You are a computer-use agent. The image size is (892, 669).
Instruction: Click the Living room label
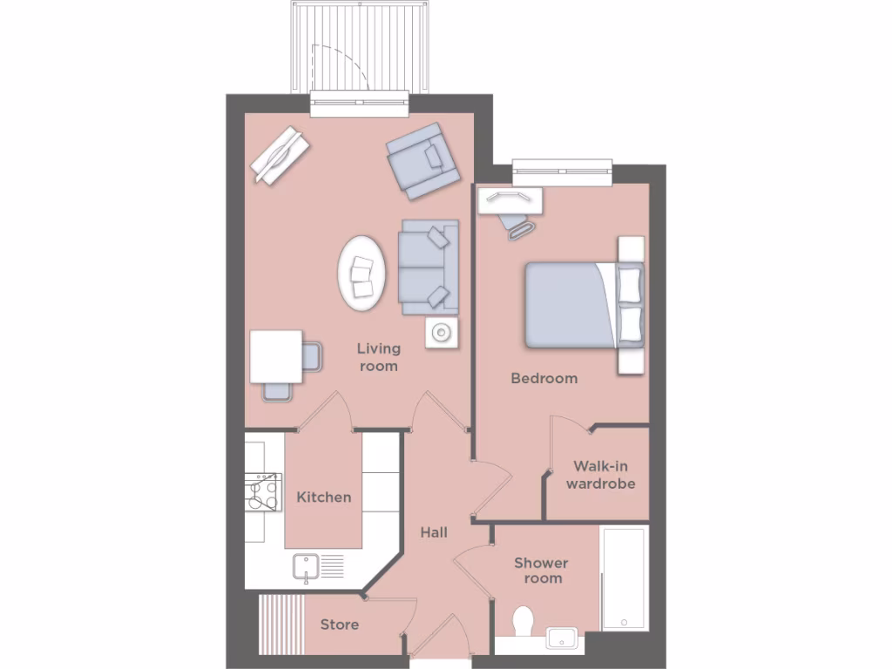(378, 357)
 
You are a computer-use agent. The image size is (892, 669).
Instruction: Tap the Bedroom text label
(544, 378)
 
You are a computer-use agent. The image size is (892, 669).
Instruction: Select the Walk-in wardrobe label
(600, 476)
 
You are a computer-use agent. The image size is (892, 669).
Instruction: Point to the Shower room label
(540, 571)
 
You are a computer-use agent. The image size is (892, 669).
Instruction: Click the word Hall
(434, 531)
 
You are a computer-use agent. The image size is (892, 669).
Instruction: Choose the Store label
(339, 625)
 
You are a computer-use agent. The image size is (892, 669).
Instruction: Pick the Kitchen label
(324, 497)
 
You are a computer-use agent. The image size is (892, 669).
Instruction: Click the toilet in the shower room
(523, 624)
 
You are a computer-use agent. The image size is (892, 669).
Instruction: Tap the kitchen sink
(307, 568)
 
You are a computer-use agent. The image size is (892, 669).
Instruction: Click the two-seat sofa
(429, 267)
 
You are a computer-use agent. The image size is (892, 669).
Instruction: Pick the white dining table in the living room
(276, 356)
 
